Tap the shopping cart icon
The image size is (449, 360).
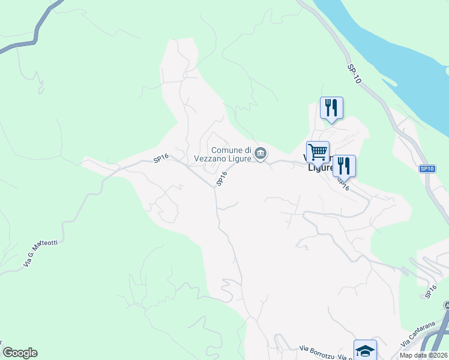[318, 152]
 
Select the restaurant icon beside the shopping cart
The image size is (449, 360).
[344, 166]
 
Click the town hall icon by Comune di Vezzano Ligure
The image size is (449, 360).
[261, 154]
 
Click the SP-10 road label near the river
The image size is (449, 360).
[354, 75]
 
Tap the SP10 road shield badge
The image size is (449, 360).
[427, 169]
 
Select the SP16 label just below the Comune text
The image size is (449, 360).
[221, 178]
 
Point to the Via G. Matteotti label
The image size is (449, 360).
[40, 253]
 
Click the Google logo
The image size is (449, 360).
[20, 353]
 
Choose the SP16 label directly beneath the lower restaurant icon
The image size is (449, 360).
[343, 184]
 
